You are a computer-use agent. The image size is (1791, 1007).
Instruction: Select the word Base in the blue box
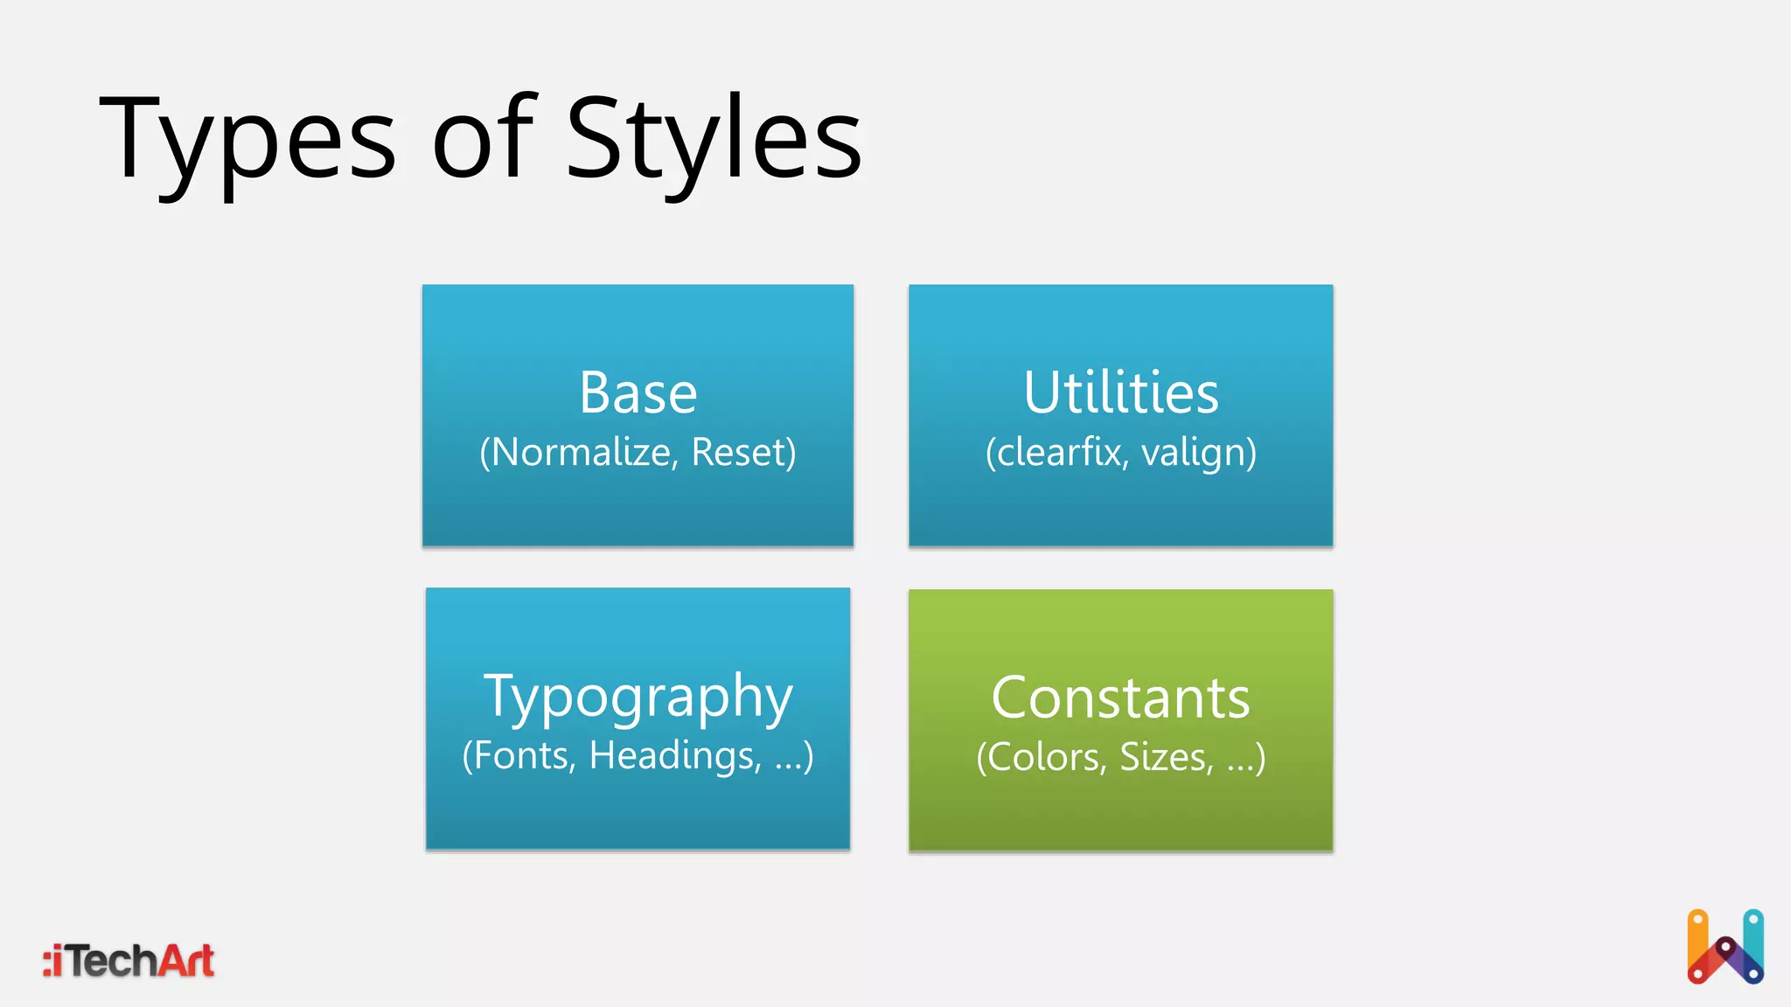(x=638, y=392)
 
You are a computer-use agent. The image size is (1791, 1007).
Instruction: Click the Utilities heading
(x=1120, y=392)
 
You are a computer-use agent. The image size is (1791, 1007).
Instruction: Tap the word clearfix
(x=1058, y=453)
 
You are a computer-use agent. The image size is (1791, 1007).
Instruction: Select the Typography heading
(x=638, y=698)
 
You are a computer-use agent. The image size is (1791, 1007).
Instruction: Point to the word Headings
(x=674, y=756)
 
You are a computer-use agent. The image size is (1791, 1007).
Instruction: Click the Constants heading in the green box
(x=1120, y=698)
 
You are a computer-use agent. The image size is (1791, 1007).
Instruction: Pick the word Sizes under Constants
(x=1167, y=757)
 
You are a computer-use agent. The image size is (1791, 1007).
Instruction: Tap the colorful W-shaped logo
(x=1725, y=948)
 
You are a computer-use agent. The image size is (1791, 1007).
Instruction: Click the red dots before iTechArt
(x=47, y=962)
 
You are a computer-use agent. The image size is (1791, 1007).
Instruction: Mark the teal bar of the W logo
(x=1753, y=935)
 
